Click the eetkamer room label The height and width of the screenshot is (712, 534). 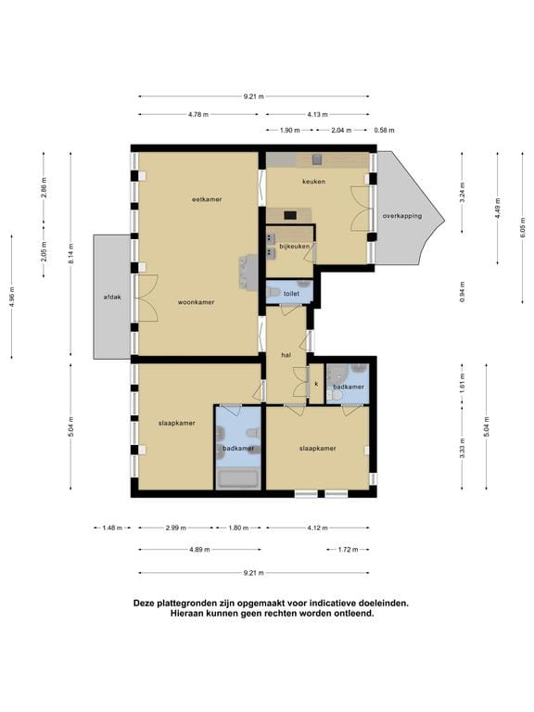click(x=207, y=199)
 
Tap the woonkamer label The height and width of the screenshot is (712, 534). click(x=196, y=302)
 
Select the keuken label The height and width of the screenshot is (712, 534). click(x=313, y=181)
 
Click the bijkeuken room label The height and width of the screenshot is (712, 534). click(x=294, y=246)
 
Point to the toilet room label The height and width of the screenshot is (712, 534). click(x=291, y=293)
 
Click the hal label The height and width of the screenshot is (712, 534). click(x=286, y=355)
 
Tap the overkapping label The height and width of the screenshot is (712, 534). click(x=401, y=216)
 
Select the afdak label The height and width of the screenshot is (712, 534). click(x=112, y=297)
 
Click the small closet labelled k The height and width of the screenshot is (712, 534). click(x=316, y=384)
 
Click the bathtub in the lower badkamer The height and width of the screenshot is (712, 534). click(x=238, y=479)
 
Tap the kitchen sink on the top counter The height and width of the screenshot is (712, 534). click(x=316, y=159)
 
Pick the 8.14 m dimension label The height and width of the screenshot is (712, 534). click(x=70, y=254)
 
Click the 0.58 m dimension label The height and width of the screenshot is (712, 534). click(x=384, y=131)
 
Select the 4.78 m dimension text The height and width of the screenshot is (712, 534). click(x=198, y=114)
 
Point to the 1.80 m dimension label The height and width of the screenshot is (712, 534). click(x=238, y=528)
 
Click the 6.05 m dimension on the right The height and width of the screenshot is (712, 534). click(x=523, y=226)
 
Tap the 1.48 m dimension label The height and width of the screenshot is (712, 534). click(x=112, y=528)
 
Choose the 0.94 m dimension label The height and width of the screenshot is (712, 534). click(x=463, y=292)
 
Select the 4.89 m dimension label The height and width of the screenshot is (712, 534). click(x=199, y=550)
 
